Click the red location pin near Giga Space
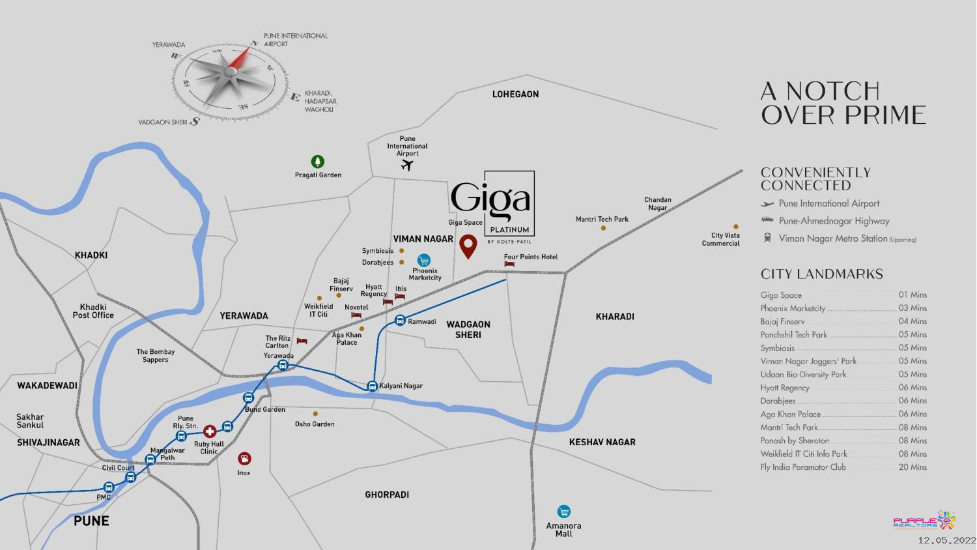click(x=468, y=246)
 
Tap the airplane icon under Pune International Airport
click(x=407, y=166)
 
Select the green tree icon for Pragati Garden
click(x=317, y=161)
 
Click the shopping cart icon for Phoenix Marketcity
click(x=424, y=260)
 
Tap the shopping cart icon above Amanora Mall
click(x=563, y=512)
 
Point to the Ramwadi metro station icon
click(x=400, y=320)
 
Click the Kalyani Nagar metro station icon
click(x=372, y=386)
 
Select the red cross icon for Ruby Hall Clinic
click(x=210, y=431)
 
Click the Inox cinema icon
click(x=244, y=459)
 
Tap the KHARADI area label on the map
click(x=614, y=317)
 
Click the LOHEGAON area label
click(x=515, y=94)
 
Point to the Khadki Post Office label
click(x=93, y=311)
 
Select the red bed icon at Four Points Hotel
click(x=509, y=265)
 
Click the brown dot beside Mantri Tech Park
click(x=603, y=228)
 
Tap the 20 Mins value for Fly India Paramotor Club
click(x=913, y=467)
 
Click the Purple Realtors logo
click(x=924, y=521)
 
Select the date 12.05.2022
click(x=946, y=540)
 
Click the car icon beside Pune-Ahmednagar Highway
click(x=767, y=220)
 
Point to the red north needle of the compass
click(x=240, y=57)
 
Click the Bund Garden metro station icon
click(x=248, y=398)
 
